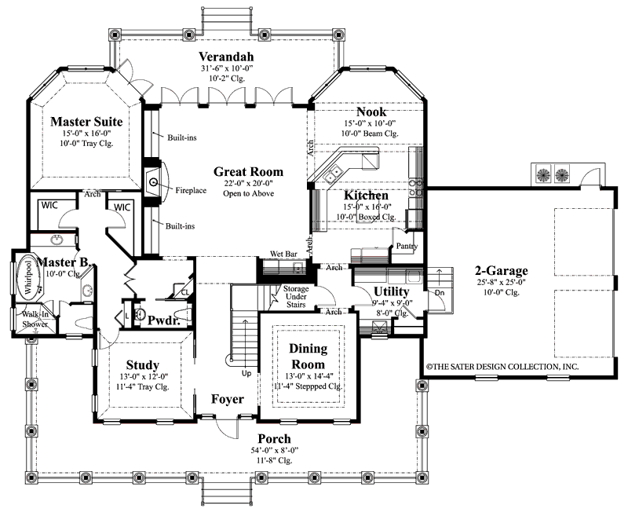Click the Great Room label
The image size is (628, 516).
(x=249, y=171)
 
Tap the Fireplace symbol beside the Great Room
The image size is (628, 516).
(x=154, y=180)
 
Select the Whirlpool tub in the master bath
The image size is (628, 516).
(x=31, y=274)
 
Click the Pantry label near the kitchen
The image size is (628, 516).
(x=406, y=246)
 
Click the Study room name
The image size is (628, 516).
(x=142, y=364)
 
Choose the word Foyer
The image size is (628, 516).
(x=227, y=399)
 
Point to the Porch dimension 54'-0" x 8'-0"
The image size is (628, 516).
(x=272, y=451)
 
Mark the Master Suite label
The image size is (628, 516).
(x=86, y=122)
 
